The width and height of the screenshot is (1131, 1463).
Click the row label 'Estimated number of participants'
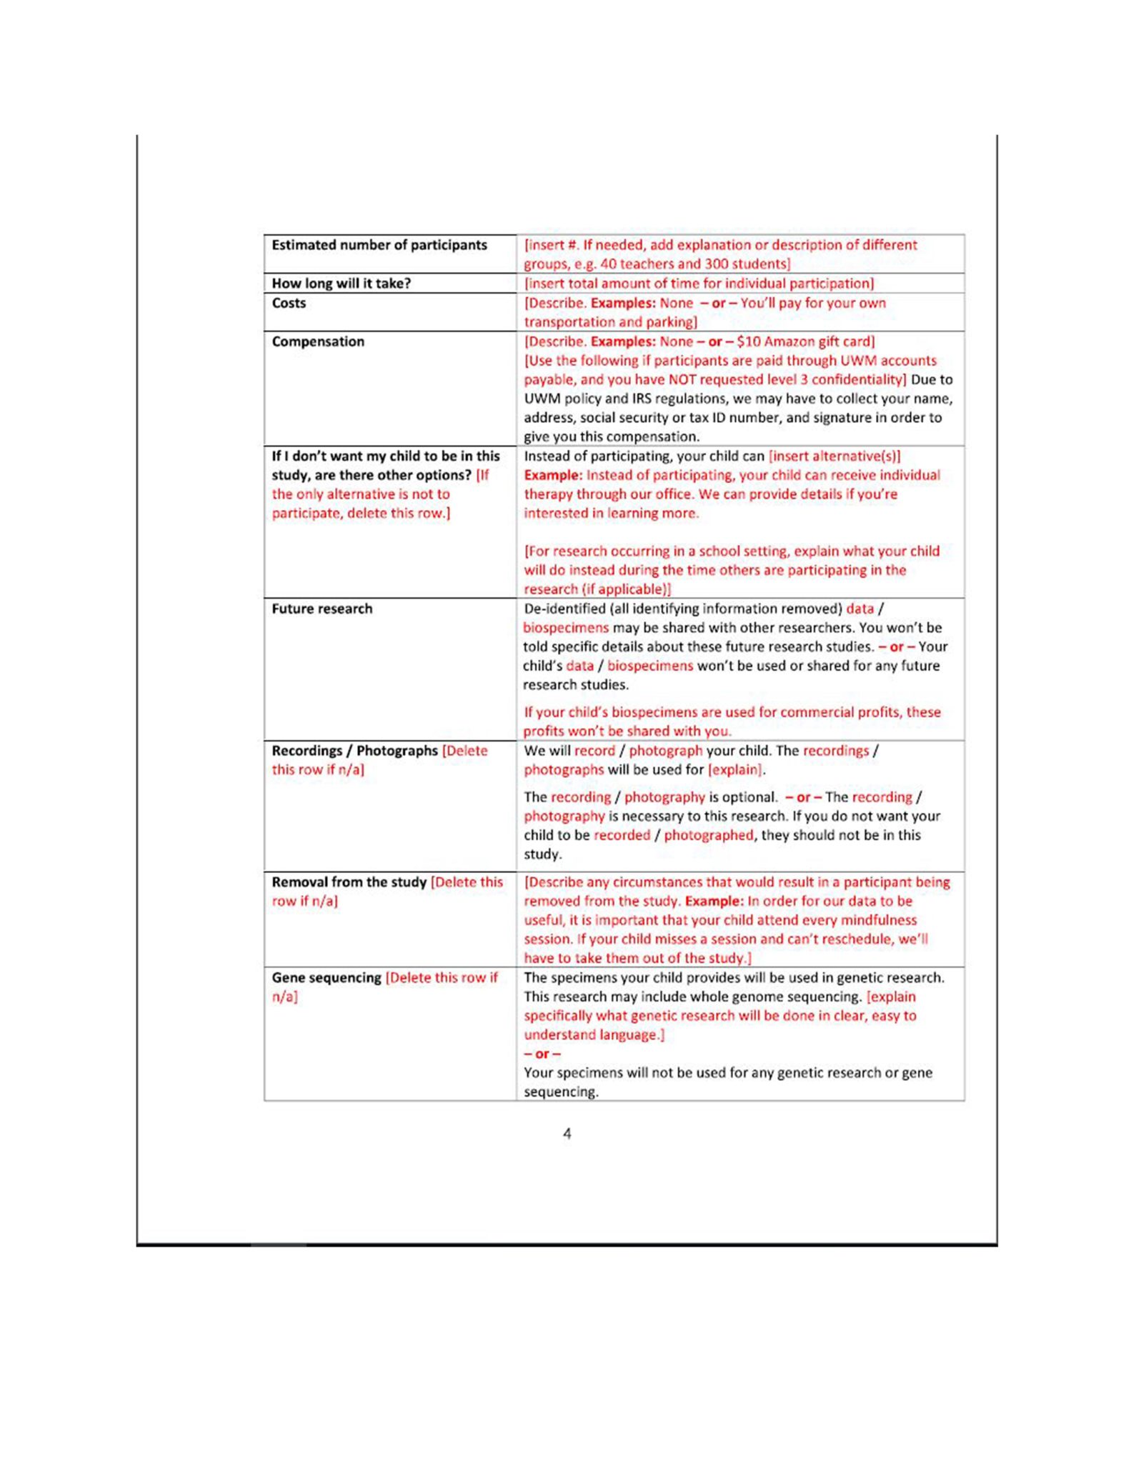pos(379,245)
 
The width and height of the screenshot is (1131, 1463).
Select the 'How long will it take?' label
pos(341,284)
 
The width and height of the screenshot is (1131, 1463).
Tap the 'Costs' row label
pos(289,303)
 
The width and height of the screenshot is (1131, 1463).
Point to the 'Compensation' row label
pos(318,341)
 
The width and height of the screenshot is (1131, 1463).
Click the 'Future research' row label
pos(322,609)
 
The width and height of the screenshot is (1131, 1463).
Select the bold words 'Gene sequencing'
pos(326,977)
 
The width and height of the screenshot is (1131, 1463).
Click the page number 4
pos(567,1134)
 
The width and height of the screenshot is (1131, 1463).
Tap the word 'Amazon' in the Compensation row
pos(789,341)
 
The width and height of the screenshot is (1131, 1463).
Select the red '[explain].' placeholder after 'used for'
pos(736,769)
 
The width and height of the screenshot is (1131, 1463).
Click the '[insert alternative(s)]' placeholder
pos(834,456)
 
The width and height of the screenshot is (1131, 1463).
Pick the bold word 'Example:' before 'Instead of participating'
pos(553,475)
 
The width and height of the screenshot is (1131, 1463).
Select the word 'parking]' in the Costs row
pos(672,322)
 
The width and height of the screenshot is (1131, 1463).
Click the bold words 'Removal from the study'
pos(349,882)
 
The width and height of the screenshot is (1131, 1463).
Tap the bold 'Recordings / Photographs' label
pos(354,751)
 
